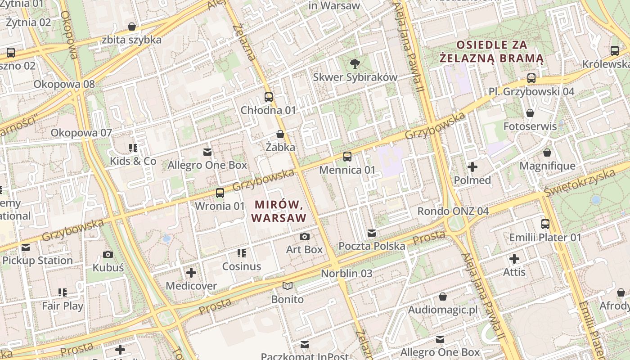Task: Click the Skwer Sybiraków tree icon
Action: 355,63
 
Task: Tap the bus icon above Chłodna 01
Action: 269,97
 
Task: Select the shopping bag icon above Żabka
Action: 280,134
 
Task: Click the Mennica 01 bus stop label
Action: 347,170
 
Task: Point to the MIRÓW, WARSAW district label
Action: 279,211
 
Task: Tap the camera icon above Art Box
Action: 305,236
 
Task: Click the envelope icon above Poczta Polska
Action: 372,233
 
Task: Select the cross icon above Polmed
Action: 472,167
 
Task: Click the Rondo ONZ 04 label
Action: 453,211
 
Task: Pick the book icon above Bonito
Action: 288,286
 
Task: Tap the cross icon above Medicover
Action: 191,272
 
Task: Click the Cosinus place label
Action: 242,266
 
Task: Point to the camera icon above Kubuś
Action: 108,254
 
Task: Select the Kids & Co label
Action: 133,161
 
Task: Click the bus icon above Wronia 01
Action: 220,193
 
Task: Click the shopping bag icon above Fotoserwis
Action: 530,113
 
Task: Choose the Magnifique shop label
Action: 547,166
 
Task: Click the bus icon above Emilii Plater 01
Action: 545,224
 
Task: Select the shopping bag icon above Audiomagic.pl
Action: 443,297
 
